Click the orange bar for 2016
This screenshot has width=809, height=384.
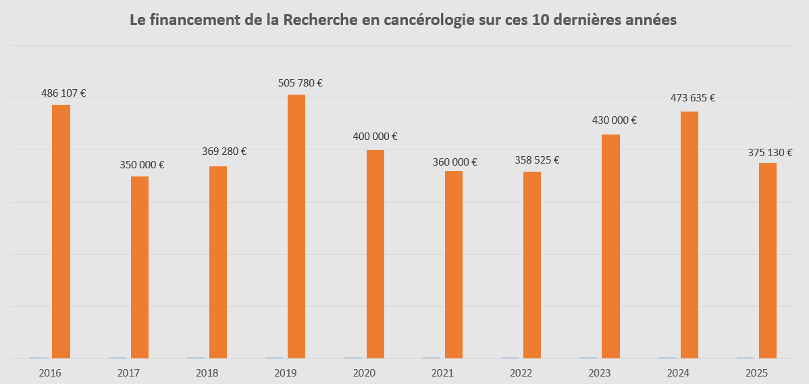pyautogui.click(x=61, y=231)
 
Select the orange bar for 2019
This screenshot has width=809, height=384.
pyautogui.click(x=296, y=226)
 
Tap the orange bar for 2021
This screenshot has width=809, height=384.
pyautogui.click(x=454, y=264)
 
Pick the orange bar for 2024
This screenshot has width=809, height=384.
pyautogui.click(x=689, y=235)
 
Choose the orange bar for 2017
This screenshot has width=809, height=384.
pyautogui.click(x=140, y=267)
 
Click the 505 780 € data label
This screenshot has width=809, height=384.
pyautogui.click(x=301, y=83)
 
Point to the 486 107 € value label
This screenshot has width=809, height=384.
pyautogui.click(x=63, y=93)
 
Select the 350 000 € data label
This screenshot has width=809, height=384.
pyautogui.click(x=142, y=164)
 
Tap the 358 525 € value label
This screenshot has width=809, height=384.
pyautogui.click(x=537, y=160)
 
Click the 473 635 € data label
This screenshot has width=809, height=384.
pyautogui.click(x=693, y=98)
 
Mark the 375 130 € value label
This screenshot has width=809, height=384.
pyautogui.click(x=771, y=152)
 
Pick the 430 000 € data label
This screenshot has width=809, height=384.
pyautogui.click(x=615, y=120)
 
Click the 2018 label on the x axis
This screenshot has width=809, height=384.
pyautogui.click(x=207, y=373)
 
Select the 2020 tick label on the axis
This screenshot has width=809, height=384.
pyautogui.click(x=364, y=373)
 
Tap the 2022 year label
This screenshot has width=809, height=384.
pyautogui.click(x=521, y=373)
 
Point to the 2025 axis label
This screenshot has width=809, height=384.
pyautogui.click(x=756, y=373)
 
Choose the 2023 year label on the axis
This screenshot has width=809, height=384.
pyautogui.click(x=600, y=373)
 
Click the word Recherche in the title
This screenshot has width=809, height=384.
pyautogui.click(x=317, y=20)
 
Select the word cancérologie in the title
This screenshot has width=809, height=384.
pyautogui.click(x=429, y=20)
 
